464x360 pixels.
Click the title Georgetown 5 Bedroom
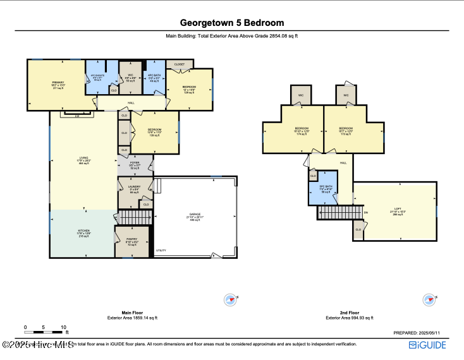(232, 23)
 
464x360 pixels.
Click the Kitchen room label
(82, 233)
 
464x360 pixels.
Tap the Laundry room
(134, 189)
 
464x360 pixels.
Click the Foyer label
(134, 165)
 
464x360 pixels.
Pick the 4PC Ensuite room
(97, 78)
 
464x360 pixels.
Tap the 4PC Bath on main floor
(155, 78)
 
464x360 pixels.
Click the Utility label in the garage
(161, 251)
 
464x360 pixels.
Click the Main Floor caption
(131, 313)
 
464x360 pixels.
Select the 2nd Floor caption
(350, 313)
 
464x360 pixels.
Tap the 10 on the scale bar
(63, 327)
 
